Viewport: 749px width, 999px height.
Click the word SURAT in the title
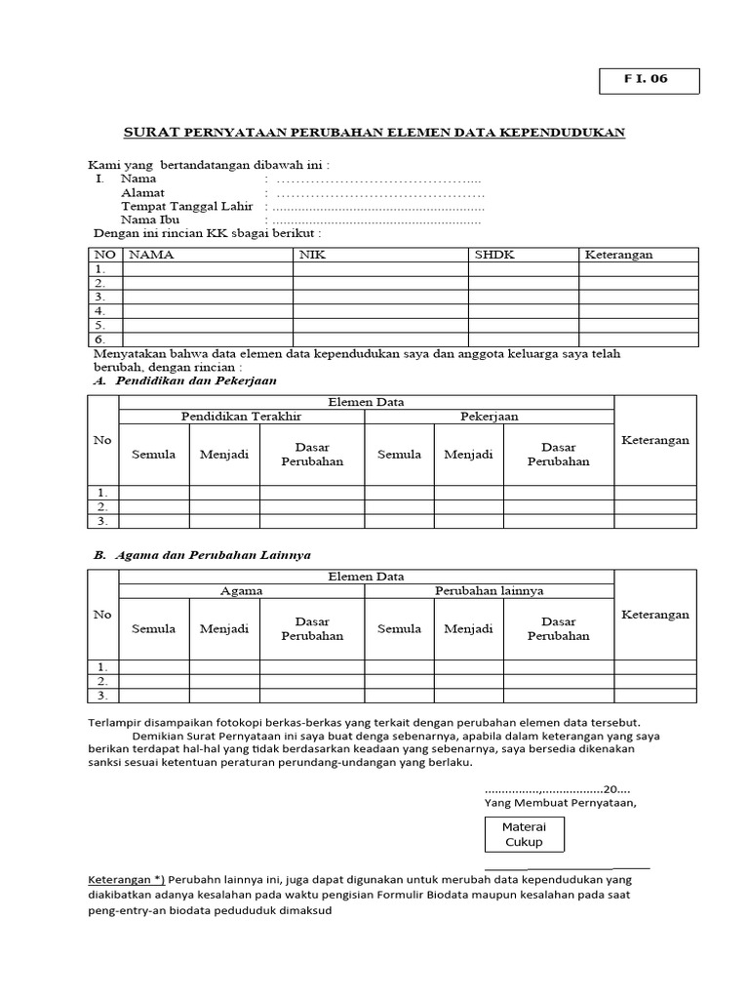click(x=152, y=133)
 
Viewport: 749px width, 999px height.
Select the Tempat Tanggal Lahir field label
click(x=186, y=207)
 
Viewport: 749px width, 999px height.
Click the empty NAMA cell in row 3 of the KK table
click(x=207, y=297)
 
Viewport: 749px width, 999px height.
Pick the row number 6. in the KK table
click(x=100, y=339)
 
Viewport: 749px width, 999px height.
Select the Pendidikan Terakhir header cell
click(x=241, y=417)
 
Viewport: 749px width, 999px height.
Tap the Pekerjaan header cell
click(x=489, y=417)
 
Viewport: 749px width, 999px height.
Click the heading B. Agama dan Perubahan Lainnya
click(x=201, y=554)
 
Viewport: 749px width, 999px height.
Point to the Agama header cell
click(x=241, y=591)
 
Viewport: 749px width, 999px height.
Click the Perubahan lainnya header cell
click(x=489, y=591)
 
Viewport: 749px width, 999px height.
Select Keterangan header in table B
click(x=654, y=615)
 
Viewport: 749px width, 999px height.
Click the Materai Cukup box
click(x=524, y=834)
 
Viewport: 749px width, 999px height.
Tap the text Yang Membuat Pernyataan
click(x=560, y=803)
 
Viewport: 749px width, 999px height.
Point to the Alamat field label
click(x=142, y=193)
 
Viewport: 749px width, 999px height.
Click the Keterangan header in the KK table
click(x=618, y=255)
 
